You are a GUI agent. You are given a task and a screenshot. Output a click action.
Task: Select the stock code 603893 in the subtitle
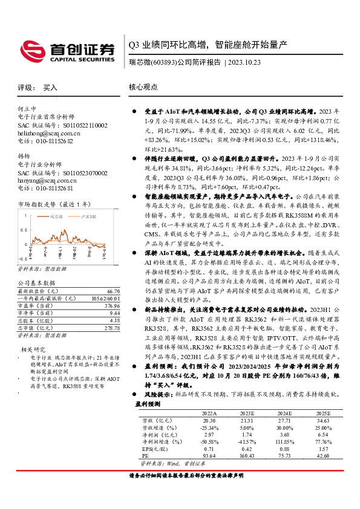click(x=165, y=62)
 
